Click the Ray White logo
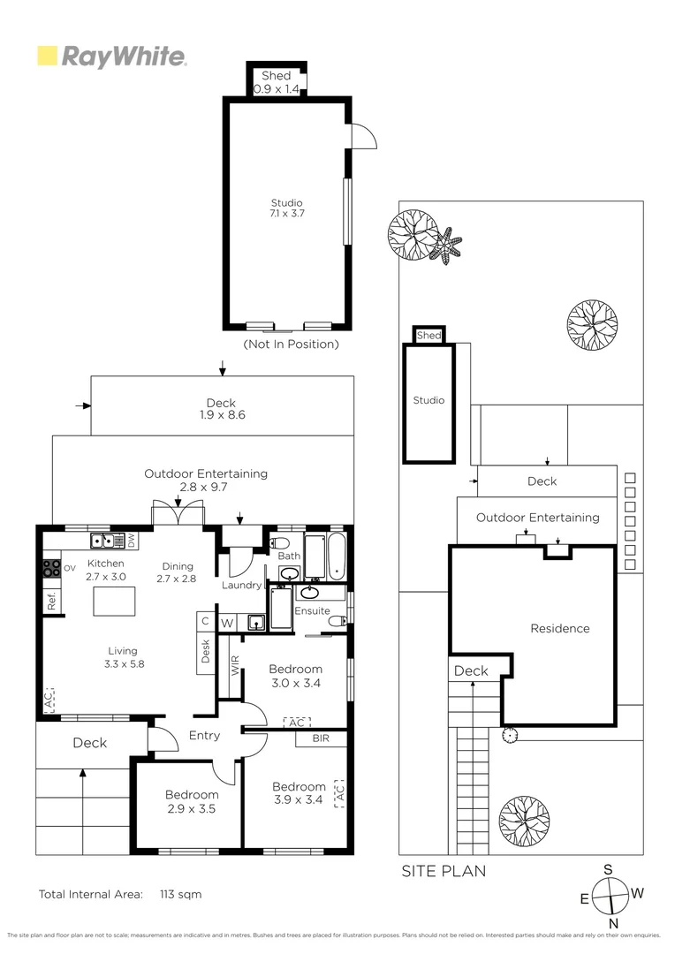point(111,57)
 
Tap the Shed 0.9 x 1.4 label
point(277,82)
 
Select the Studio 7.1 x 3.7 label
point(286,208)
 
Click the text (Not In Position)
point(290,344)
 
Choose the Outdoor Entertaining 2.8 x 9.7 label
point(206,481)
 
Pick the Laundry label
point(241,585)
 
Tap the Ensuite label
point(312,610)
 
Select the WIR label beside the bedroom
point(235,665)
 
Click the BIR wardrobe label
point(321,738)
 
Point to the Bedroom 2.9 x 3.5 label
point(191,801)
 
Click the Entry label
point(204,735)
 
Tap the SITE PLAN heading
point(444,871)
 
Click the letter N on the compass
point(612,923)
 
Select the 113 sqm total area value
point(180,894)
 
